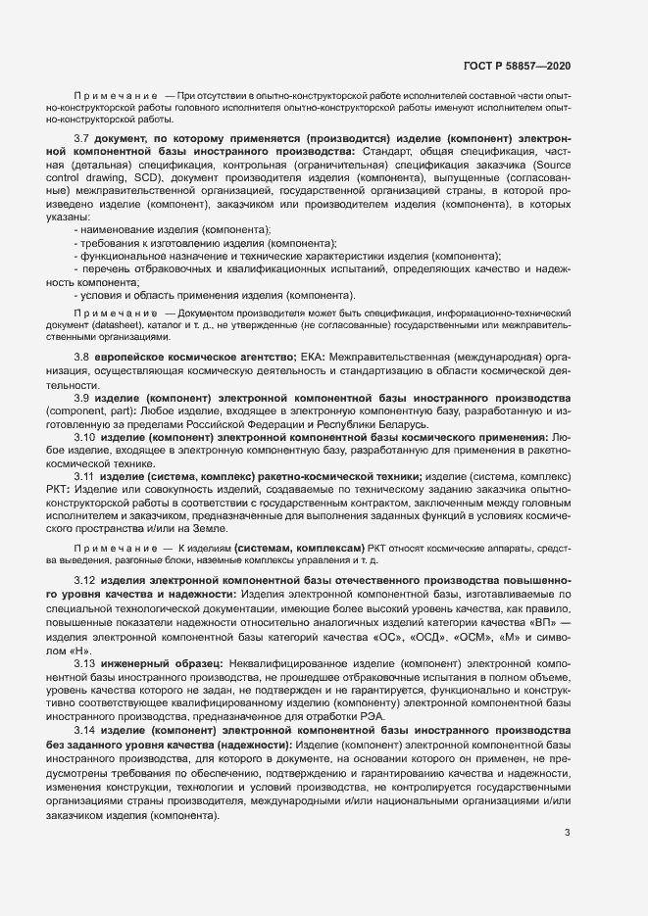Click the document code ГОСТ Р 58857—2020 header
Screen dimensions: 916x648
[517, 66]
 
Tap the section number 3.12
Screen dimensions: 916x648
[84, 580]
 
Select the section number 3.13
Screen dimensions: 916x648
[84, 664]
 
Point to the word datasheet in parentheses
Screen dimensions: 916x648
[120, 323]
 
